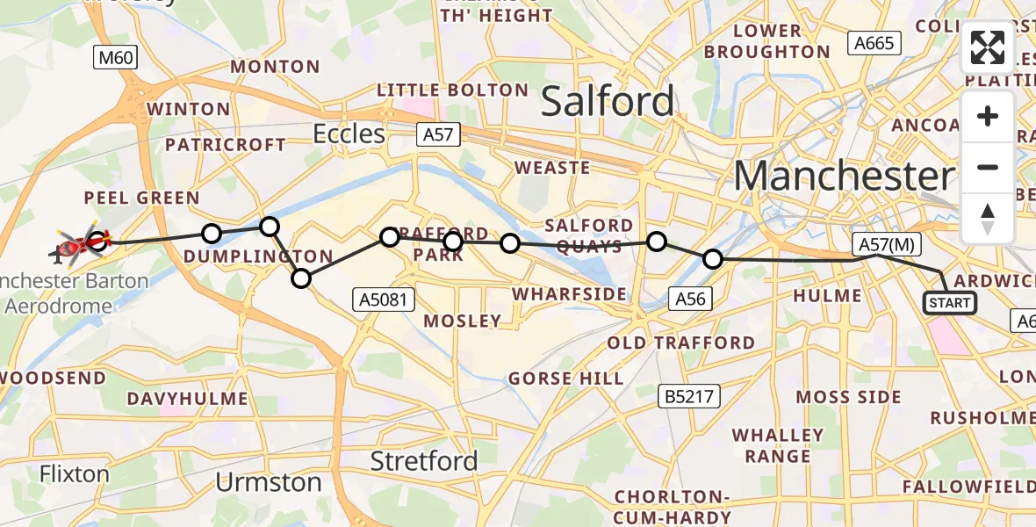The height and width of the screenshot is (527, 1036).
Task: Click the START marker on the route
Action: tap(949, 303)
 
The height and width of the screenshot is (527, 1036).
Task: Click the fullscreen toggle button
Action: tap(988, 47)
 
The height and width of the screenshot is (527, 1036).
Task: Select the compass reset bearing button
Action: tap(988, 219)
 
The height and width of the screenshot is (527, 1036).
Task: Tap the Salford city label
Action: tap(608, 102)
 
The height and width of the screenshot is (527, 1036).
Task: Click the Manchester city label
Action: tap(843, 177)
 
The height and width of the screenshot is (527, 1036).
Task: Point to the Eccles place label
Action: tap(350, 134)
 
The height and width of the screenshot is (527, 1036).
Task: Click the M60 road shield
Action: tap(116, 59)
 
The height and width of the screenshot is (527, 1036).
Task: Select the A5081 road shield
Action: tap(382, 299)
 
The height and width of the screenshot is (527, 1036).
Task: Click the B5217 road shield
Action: tap(689, 397)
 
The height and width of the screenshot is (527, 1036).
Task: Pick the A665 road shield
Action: tap(874, 43)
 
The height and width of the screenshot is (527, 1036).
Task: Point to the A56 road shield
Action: tap(689, 299)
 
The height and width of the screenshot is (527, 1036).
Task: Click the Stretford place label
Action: tap(424, 460)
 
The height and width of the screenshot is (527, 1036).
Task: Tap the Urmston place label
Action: tap(269, 482)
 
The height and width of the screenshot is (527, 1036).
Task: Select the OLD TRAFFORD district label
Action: tap(680, 343)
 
